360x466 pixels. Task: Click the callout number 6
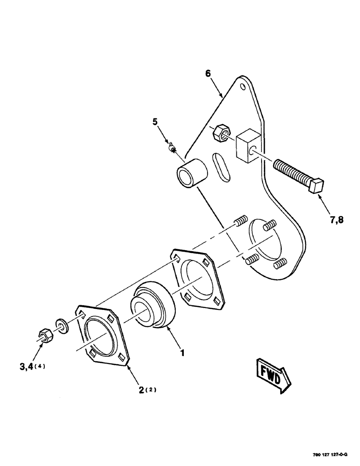208,74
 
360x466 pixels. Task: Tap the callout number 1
182,353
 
